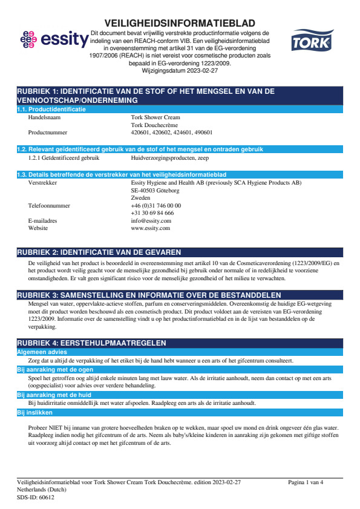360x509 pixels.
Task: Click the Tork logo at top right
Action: pyautogui.click(x=310, y=42)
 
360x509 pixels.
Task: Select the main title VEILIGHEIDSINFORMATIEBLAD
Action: pyautogui.click(x=180, y=23)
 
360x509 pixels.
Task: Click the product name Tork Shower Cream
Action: pyautogui.click(x=155, y=117)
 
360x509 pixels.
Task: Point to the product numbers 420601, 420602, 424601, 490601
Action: pyautogui.click(x=171, y=131)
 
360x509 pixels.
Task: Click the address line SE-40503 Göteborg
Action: pyautogui.click(x=155, y=190)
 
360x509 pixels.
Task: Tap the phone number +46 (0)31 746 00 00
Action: pyautogui.click(x=155, y=205)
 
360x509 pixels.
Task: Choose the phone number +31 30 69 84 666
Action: pyautogui.click(x=152, y=213)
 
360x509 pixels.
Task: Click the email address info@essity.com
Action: pyautogui.click(x=151, y=221)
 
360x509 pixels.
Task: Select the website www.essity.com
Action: pyautogui.click(x=150, y=228)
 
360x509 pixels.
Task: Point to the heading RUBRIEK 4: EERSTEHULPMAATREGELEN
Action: pyautogui.click(x=91, y=343)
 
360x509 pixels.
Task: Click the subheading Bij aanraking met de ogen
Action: pyautogui.click(x=46, y=369)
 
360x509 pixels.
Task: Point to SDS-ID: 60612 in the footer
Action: pyautogui.click(x=35, y=497)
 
